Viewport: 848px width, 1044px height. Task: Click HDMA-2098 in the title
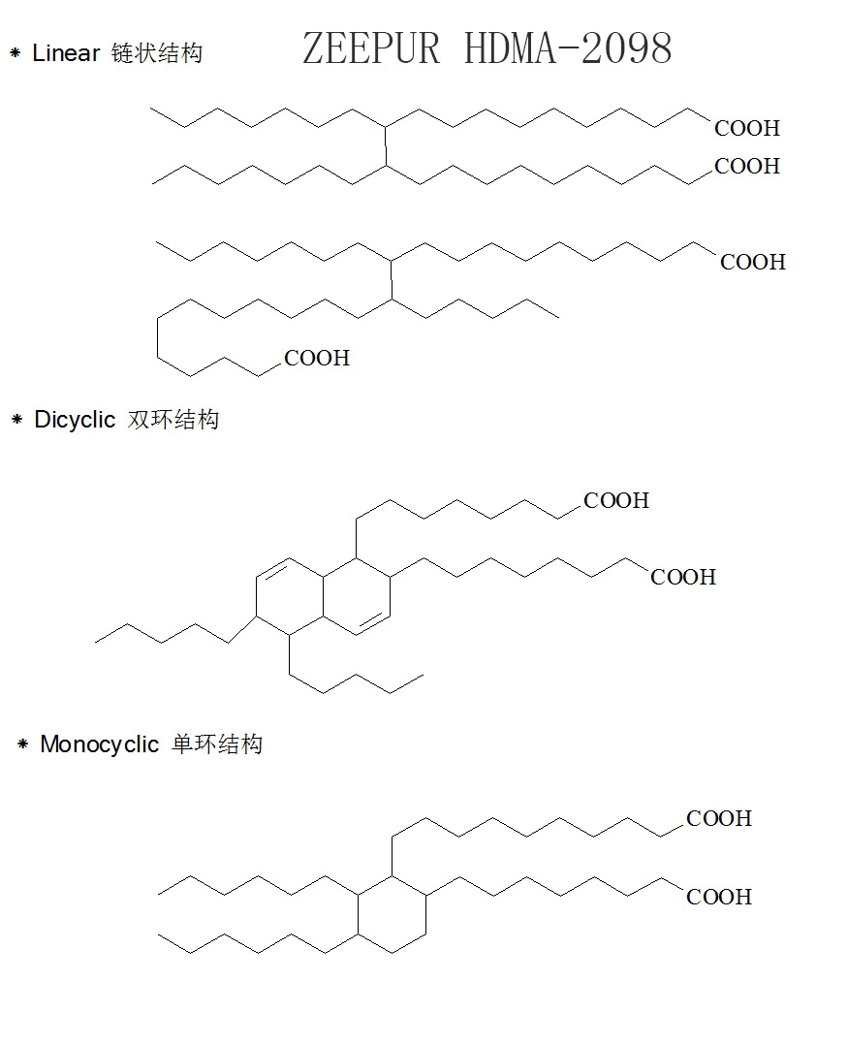click(568, 48)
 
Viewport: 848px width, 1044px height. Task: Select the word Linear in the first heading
click(66, 53)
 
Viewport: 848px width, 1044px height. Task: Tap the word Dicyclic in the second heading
click(75, 420)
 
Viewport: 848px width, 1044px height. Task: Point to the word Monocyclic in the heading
click(99, 744)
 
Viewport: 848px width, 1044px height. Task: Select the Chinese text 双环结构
click(173, 420)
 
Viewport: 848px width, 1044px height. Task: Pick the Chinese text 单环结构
click(217, 744)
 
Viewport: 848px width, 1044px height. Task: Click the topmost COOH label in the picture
click(747, 128)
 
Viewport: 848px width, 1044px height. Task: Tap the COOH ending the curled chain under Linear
click(317, 359)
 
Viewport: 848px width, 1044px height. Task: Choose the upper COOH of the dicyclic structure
click(616, 501)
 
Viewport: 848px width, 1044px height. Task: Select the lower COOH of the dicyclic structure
click(683, 578)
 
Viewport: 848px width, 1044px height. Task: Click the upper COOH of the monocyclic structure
click(719, 819)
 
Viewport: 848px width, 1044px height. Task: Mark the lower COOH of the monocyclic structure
click(719, 898)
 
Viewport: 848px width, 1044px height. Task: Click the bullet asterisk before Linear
click(15, 53)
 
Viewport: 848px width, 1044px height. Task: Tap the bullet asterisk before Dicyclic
click(16, 420)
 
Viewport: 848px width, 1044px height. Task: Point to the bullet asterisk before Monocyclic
click(22, 744)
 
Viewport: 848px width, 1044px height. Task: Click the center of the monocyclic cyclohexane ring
click(393, 915)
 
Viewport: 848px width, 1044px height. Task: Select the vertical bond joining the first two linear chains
click(386, 145)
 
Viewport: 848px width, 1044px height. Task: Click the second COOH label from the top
click(747, 167)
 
